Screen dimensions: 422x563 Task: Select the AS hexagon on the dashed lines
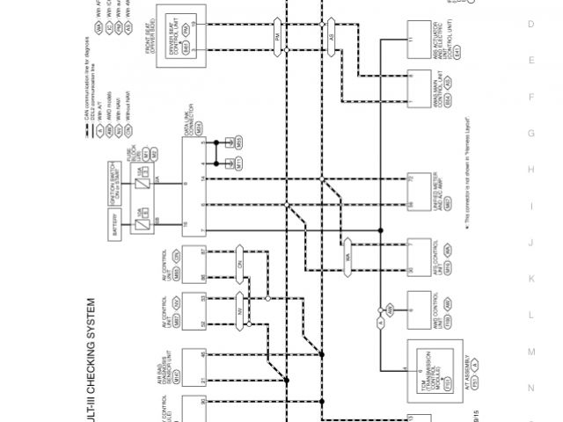click(332, 38)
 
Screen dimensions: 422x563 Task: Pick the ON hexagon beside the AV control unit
click(238, 264)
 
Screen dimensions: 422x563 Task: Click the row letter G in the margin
click(530, 134)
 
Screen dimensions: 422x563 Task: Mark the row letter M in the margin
click(530, 352)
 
